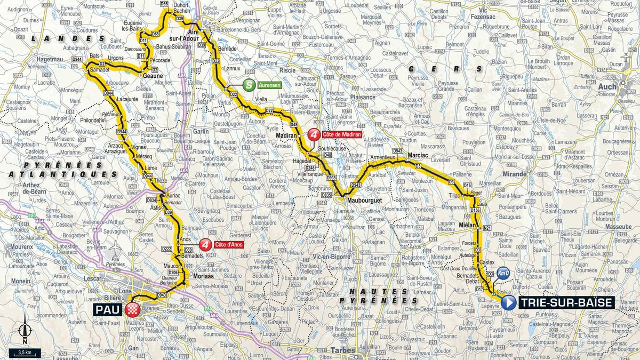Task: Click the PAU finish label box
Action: click(x=109, y=309)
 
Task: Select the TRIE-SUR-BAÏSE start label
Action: click(x=566, y=303)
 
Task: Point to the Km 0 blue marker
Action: click(x=503, y=273)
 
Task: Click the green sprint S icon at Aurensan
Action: click(x=249, y=85)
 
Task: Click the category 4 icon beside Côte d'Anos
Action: click(x=204, y=245)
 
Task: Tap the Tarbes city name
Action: click(x=343, y=350)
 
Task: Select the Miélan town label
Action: click(x=466, y=225)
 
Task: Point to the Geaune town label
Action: click(x=153, y=76)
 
